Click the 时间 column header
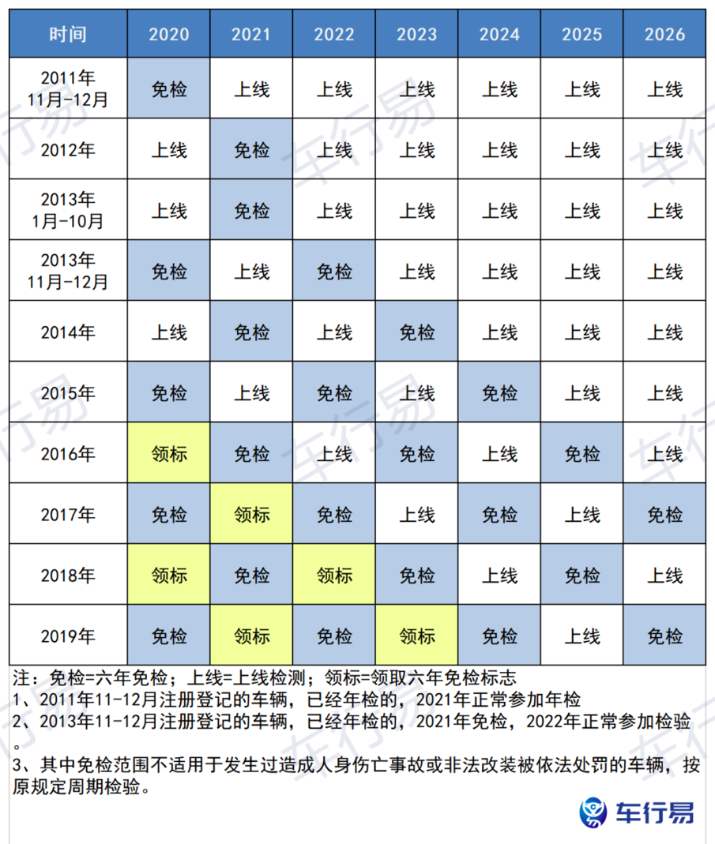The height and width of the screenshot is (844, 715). point(68,34)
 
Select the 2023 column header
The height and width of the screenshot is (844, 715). point(416,34)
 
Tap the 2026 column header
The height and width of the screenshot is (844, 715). point(664,34)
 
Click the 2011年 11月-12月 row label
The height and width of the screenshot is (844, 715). point(68,89)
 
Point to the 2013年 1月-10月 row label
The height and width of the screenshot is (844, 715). point(68,211)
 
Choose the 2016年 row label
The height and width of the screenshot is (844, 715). point(68,454)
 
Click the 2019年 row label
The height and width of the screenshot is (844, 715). point(68,636)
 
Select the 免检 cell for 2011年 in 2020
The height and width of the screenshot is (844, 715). point(169,89)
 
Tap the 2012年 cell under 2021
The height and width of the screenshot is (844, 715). point(252,150)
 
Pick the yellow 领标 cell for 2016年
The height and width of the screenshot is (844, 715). point(169,454)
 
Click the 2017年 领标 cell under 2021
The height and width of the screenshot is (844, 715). point(252,515)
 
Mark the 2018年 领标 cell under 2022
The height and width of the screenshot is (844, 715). point(334,575)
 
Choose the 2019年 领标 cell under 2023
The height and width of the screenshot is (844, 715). point(416,636)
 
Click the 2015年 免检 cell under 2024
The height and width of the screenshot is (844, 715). point(499,393)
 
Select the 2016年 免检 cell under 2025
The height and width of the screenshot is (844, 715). point(582,454)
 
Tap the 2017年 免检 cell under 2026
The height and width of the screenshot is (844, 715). point(664,515)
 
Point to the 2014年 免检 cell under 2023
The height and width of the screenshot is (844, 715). point(416,332)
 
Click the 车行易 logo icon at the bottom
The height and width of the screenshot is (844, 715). point(593,812)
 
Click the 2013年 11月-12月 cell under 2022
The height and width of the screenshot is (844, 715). point(334,272)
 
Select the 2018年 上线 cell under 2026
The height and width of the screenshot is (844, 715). point(664,575)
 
